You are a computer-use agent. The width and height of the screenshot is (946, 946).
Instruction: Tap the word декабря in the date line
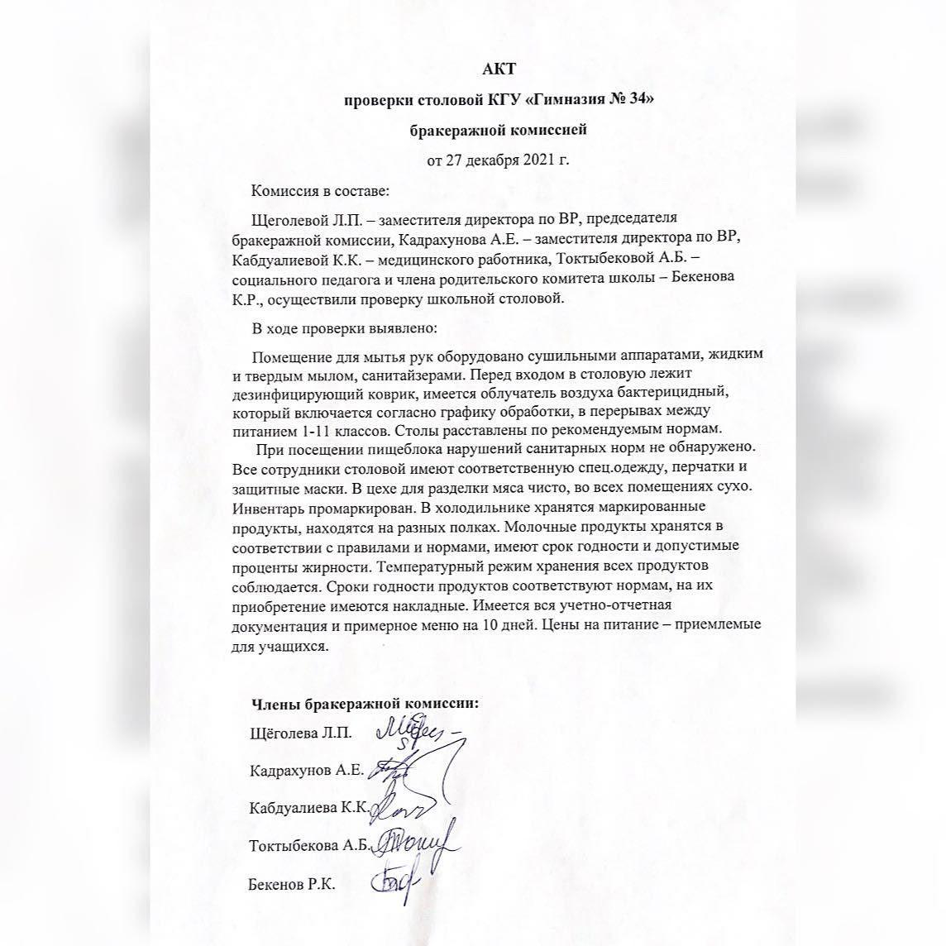point(493,160)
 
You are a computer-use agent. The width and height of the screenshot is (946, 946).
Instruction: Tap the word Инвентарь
point(269,506)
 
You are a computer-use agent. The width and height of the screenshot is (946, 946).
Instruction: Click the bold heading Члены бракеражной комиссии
point(365,704)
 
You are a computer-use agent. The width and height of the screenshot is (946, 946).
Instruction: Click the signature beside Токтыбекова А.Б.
point(420,844)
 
